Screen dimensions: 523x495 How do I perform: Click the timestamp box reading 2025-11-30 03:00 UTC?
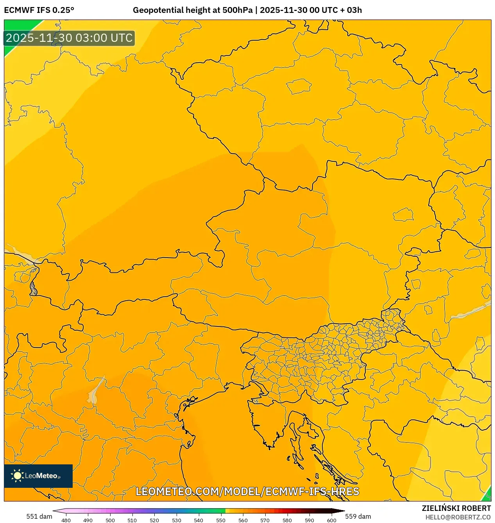pos(69,38)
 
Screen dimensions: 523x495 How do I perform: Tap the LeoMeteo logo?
pos(38,476)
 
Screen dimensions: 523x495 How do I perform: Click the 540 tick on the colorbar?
pos(198,520)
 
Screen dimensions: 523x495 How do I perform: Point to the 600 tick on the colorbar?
pos(331,520)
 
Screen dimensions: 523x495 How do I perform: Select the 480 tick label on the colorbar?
pos(66,520)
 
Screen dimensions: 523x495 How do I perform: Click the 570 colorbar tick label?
pos(265,520)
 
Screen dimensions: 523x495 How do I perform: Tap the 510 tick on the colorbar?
pos(132,520)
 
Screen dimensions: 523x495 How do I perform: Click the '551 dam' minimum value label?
pos(39,516)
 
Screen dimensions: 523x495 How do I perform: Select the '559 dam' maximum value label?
pos(358,516)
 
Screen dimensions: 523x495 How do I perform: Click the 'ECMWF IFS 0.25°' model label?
pos(39,10)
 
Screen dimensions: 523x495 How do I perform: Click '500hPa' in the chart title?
pos(237,10)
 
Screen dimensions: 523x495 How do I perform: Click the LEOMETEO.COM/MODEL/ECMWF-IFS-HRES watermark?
pos(247,491)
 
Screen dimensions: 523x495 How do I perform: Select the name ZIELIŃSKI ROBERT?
pos(456,508)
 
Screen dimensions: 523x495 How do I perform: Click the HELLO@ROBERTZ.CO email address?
pos(457,517)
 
